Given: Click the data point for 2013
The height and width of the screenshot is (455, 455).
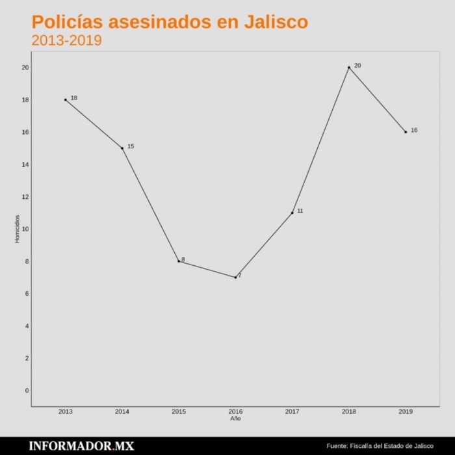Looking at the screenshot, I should coord(65,99).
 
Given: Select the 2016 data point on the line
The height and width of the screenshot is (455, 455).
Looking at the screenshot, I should coord(235,278).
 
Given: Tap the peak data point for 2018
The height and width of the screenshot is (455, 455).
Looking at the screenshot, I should coord(349,67).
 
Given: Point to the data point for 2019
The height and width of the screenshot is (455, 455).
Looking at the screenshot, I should coord(406,132).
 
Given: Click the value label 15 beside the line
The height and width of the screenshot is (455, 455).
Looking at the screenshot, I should coord(131,146).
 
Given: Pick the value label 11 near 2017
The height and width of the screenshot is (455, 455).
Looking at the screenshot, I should coord(300,211).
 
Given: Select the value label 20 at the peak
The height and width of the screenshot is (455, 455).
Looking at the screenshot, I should coord(357,66).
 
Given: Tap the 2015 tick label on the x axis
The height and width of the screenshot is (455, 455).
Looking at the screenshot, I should coord(179,411).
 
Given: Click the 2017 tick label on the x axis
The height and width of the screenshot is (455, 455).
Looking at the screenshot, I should coord(292,411).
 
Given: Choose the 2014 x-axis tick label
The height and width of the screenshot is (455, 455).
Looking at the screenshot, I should coord(122,411).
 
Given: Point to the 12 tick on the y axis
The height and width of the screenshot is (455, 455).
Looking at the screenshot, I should coord(25,196).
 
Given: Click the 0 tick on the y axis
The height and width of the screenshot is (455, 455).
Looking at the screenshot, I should coord(27,390).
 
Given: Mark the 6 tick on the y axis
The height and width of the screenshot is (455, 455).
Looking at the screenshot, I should coord(27,293).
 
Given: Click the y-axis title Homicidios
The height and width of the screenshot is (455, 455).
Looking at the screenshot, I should coord(18,229).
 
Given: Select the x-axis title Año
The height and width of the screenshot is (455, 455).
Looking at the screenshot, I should coord(235,419).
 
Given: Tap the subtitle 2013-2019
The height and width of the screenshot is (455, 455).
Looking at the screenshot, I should coord(66,40).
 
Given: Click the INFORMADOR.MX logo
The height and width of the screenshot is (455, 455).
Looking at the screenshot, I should coord(81,446).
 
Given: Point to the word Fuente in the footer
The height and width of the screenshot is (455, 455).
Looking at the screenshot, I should coord(337,446).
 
